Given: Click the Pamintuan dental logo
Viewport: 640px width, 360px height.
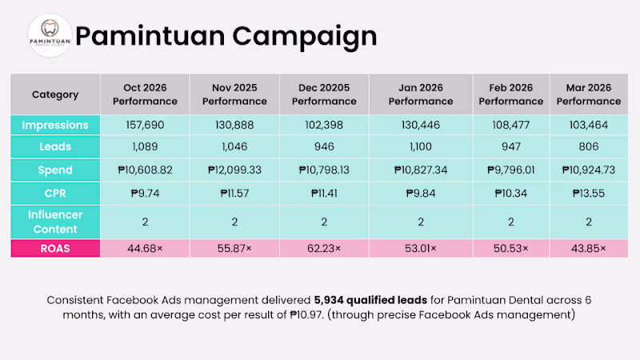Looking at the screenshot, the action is tap(50, 35).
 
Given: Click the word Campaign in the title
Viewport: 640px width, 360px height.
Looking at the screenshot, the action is tap(305, 37).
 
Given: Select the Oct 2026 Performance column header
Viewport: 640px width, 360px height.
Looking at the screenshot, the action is tap(145, 94).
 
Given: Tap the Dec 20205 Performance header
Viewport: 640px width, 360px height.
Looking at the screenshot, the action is tap(324, 94).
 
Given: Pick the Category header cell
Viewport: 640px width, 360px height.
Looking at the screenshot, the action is tap(55, 94).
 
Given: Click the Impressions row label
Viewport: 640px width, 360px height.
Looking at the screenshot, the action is tap(55, 125).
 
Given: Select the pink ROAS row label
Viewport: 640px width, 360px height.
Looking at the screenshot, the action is tap(55, 249).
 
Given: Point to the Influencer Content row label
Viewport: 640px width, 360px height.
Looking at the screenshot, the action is tap(55, 222).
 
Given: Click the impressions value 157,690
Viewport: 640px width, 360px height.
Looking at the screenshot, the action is tap(145, 125).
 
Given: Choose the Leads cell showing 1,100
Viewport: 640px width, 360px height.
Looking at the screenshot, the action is tap(421, 146).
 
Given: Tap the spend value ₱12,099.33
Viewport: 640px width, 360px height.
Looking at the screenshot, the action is tap(234, 170).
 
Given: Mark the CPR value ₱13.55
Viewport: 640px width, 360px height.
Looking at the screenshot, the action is tap(589, 193).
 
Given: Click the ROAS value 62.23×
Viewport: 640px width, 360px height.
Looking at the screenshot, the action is tap(324, 249).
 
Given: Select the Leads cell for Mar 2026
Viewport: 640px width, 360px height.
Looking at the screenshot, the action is tap(589, 146).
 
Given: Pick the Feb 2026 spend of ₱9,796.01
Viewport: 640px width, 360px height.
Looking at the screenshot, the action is tap(511, 170).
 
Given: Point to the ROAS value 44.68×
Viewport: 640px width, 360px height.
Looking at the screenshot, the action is tap(145, 249).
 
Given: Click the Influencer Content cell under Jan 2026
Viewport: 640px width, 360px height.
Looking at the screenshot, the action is tap(421, 222).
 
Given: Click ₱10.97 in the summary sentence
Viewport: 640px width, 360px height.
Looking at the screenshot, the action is tap(306, 315).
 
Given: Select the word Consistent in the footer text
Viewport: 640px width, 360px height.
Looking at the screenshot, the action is tap(75, 301).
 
